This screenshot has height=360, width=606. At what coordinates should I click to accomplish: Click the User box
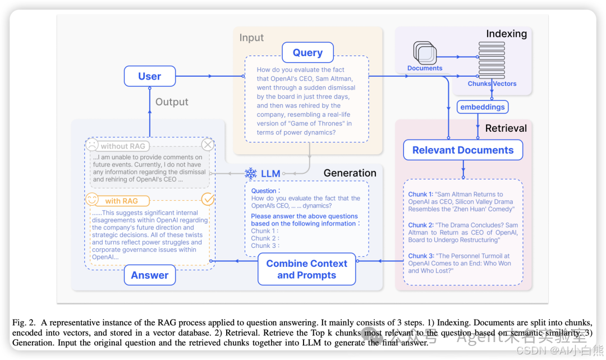coord(149,76)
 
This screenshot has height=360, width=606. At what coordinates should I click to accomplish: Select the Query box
coord(307,53)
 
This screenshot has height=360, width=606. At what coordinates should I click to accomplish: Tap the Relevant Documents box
coord(463,150)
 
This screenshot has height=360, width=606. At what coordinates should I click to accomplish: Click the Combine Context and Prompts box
coord(306,269)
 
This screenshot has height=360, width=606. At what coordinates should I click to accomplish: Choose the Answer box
coord(149,275)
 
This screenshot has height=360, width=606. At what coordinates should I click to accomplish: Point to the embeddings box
coord(482,107)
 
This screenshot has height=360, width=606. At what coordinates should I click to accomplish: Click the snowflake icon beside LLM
coord(251,173)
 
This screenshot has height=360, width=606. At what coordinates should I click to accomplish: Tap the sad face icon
coord(91,144)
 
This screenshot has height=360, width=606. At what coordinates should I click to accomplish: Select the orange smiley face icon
coord(91,199)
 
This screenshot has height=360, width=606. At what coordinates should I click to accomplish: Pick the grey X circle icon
coord(208,145)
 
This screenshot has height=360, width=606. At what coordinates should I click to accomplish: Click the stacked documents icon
coord(425,53)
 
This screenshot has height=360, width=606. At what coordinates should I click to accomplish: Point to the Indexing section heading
coord(506,34)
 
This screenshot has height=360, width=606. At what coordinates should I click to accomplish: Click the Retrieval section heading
coord(506,128)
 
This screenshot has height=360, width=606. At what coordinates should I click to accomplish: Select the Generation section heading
coord(350,173)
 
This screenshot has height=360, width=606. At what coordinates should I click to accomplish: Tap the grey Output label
coord(172,101)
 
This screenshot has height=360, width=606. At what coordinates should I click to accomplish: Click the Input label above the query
coord(251,38)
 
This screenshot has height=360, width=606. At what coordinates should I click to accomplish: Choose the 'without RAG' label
coord(123,146)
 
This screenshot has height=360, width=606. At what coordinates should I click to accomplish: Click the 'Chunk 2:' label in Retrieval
coord(420,225)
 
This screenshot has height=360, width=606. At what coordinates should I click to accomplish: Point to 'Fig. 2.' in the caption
coord(24,322)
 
